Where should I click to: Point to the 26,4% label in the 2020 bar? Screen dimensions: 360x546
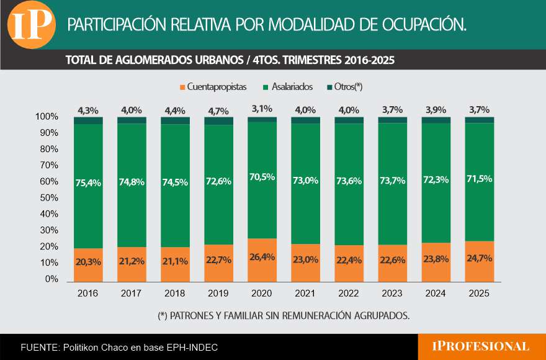(262, 258)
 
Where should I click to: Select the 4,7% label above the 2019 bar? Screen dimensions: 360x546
(218, 111)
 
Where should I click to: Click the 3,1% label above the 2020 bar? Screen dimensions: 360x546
(262, 109)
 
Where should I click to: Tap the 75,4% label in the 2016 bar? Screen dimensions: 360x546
(88, 182)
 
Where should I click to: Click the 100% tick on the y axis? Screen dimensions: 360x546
(47, 117)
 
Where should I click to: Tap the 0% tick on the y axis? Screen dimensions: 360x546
(52, 279)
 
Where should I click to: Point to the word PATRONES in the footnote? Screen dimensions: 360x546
(194, 315)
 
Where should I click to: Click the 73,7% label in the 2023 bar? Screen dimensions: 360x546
(392, 181)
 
